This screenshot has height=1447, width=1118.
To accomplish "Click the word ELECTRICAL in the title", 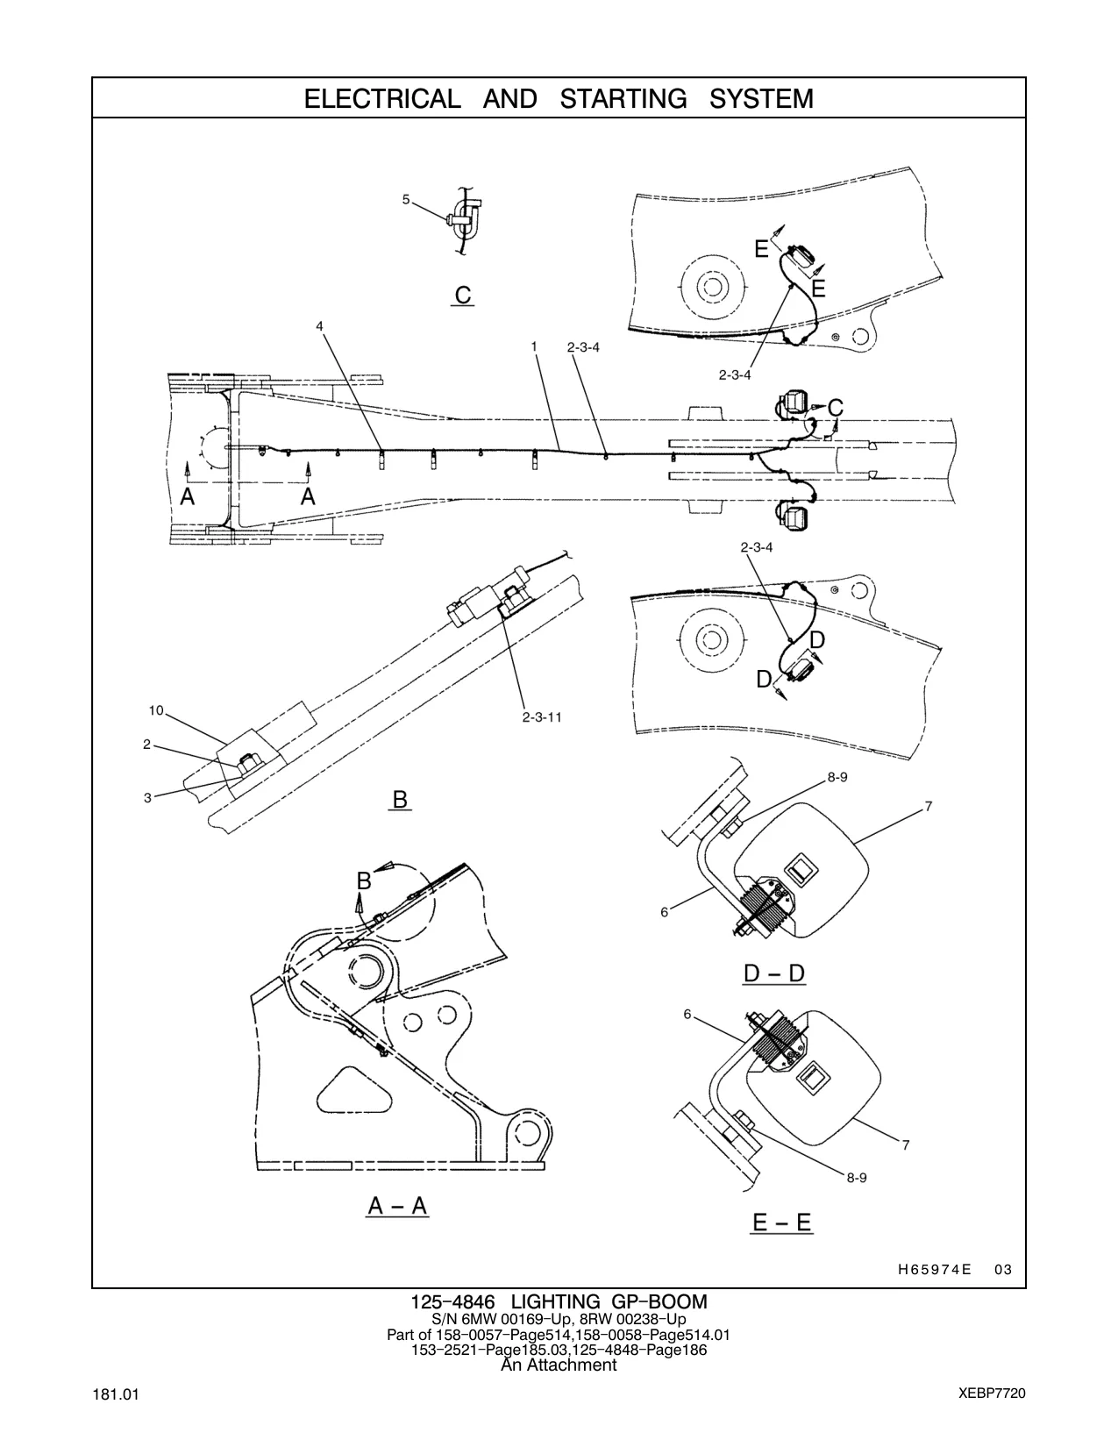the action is point(382,98).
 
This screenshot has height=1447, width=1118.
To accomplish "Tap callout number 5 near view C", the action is point(405,199).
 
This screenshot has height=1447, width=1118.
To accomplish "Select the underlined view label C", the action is point(463,295).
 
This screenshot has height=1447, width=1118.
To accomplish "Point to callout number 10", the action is point(156,710).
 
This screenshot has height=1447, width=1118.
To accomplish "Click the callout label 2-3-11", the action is point(541,717).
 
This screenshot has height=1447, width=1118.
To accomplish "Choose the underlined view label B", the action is point(400,798).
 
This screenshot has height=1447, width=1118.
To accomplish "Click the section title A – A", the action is point(397,1205).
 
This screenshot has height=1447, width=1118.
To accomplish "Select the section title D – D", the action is point(773,973).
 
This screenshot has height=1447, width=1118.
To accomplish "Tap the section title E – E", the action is point(782,1222).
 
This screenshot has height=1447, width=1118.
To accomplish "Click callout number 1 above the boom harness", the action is point(534,346).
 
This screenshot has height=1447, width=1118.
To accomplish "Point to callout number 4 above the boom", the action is point(320,326).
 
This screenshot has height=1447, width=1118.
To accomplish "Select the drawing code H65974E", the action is point(934,1269).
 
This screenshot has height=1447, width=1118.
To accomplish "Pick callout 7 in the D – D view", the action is point(929,807).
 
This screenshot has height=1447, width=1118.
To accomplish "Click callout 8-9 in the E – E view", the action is point(857,1178).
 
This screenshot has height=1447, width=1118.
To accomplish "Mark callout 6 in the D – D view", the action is point(664,912).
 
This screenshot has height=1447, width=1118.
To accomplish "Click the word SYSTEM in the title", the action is point(761,98).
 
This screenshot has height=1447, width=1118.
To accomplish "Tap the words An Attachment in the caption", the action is point(559,1365).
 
